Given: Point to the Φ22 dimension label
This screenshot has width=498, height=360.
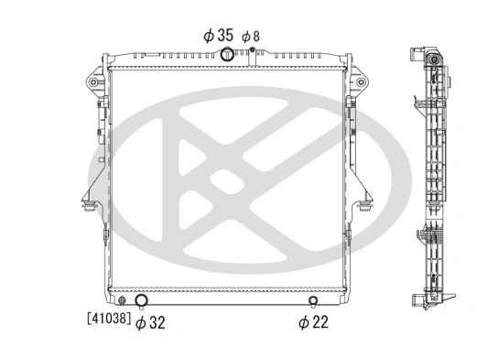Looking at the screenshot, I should tap(311, 322).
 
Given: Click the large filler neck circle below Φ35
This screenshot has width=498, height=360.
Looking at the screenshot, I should tap(226, 54).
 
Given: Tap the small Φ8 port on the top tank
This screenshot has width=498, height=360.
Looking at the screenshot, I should tap(249, 49).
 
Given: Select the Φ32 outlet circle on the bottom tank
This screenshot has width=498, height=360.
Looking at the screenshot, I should tap(142, 301).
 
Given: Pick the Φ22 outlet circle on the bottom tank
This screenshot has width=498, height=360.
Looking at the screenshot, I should tap(314, 301).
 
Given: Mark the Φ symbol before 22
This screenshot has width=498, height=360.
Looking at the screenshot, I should tap(302, 322).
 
